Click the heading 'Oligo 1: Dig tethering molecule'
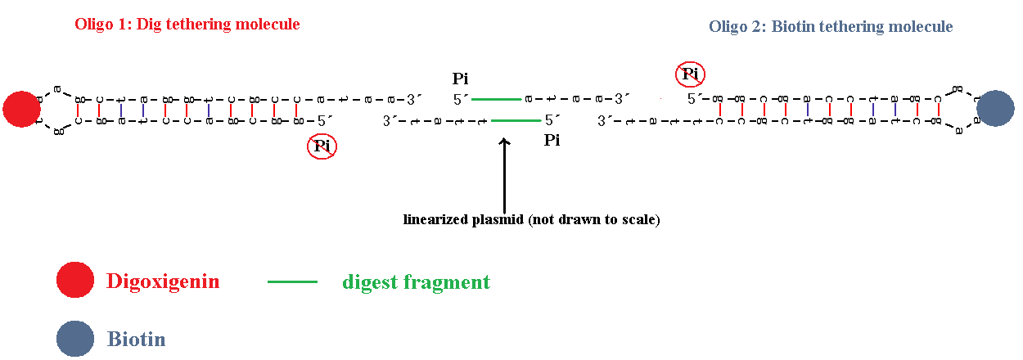point(187,25)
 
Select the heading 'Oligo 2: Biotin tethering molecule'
point(831,27)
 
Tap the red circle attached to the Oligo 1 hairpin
point(21,110)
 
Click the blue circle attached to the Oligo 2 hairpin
point(996,108)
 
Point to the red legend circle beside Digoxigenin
point(75,281)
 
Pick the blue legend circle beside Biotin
point(75,339)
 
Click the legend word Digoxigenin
point(163,281)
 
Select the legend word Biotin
point(136,339)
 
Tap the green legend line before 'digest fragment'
point(292,281)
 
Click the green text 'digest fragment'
point(416,282)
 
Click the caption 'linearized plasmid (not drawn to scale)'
point(531,219)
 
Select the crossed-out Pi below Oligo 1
point(322,146)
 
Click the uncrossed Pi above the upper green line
point(462,79)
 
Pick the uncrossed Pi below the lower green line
point(552,141)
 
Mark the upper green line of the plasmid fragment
point(497,99)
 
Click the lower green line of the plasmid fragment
point(516,120)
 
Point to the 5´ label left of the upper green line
point(462,100)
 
